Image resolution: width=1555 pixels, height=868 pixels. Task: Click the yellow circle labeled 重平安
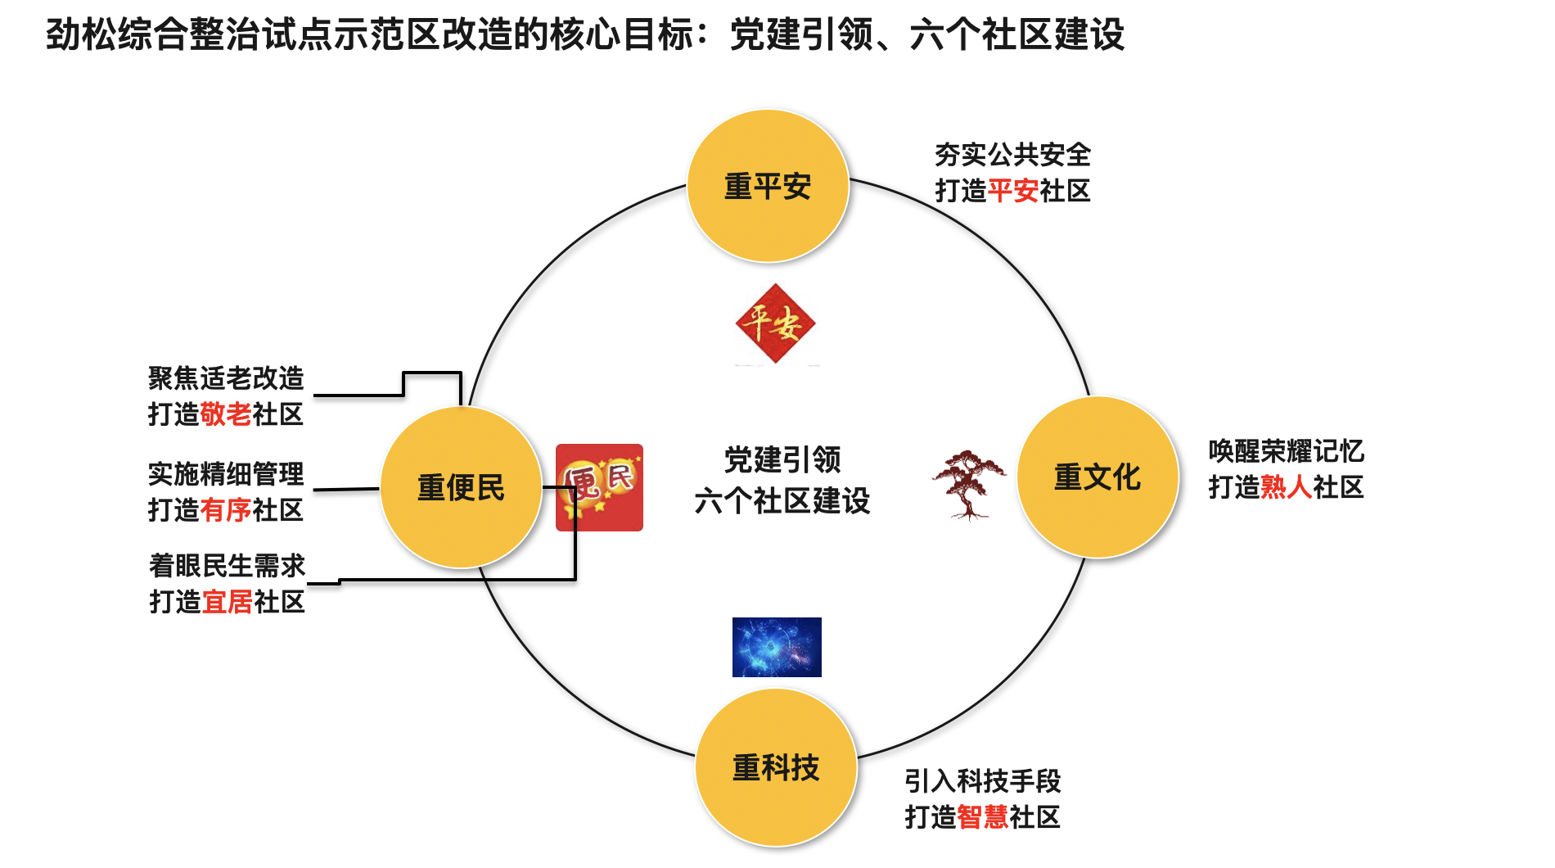[x=768, y=187]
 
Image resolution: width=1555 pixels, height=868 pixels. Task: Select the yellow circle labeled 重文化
[x=1098, y=477]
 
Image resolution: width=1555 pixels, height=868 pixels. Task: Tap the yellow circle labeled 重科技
[x=776, y=768]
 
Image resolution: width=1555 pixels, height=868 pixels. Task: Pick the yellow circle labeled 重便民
[x=461, y=488]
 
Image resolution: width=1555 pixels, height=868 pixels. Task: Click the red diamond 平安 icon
[x=775, y=323]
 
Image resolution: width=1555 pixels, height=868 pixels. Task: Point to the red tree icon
[x=969, y=484]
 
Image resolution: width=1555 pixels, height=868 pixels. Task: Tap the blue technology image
[x=777, y=647]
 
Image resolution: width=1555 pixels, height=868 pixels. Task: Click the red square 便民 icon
[x=599, y=487]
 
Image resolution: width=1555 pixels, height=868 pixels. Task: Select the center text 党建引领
[x=782, y=460]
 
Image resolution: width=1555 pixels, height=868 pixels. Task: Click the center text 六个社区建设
[x=782, y=501]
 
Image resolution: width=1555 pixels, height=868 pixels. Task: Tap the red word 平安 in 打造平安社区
[x=1013, y=192]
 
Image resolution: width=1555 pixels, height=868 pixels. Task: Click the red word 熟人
[x=1286, y=488]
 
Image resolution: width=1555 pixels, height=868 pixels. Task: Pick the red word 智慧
[x=982, y=817]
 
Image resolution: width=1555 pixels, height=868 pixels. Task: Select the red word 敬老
[x=226, y=414]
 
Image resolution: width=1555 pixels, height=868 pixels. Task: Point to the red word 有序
[x=226, y=510]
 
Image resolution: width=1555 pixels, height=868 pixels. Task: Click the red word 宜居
[x=228, y=602]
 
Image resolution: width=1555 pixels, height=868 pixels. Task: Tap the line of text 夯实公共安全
[x=1012, y=155]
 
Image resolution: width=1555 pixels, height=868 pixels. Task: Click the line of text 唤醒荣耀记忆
[x=1286, y=451]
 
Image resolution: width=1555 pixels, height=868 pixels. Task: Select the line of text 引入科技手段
[x=982, y=781]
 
